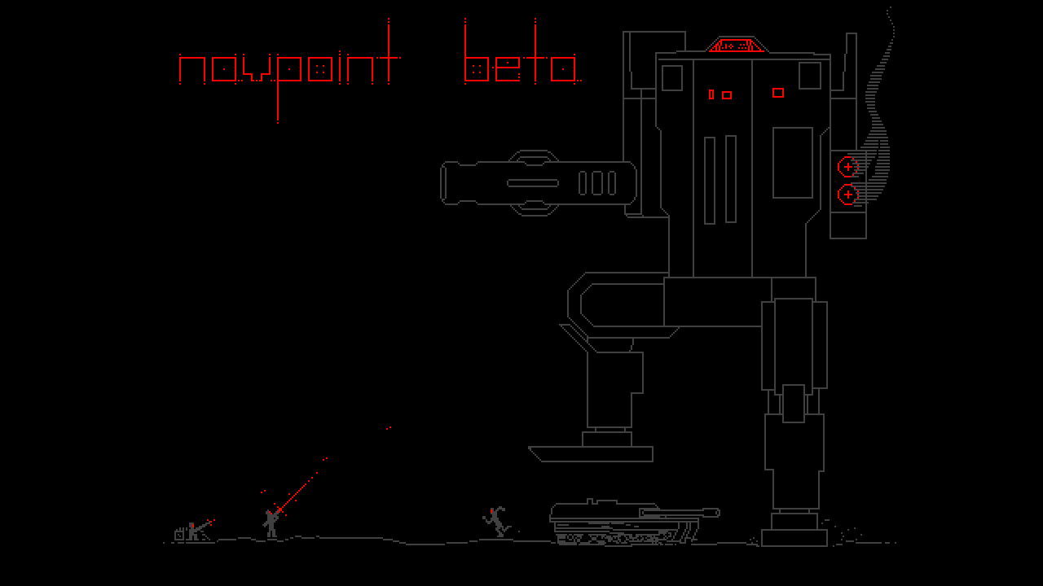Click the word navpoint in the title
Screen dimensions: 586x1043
289,69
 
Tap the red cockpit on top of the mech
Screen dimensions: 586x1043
737,45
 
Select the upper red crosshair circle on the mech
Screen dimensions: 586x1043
848,167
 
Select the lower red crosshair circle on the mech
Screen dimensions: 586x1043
848,195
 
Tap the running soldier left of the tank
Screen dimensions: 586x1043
496,521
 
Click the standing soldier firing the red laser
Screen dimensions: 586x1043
271,523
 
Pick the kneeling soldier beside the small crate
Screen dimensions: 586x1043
194,531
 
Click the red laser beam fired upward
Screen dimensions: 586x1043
298,492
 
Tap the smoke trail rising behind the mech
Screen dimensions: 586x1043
880,122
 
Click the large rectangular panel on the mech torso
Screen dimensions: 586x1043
792,163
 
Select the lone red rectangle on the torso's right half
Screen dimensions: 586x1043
777,93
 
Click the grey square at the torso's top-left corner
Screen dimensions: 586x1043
671,77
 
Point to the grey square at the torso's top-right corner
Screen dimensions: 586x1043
809,76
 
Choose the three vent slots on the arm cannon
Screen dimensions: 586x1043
597,183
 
